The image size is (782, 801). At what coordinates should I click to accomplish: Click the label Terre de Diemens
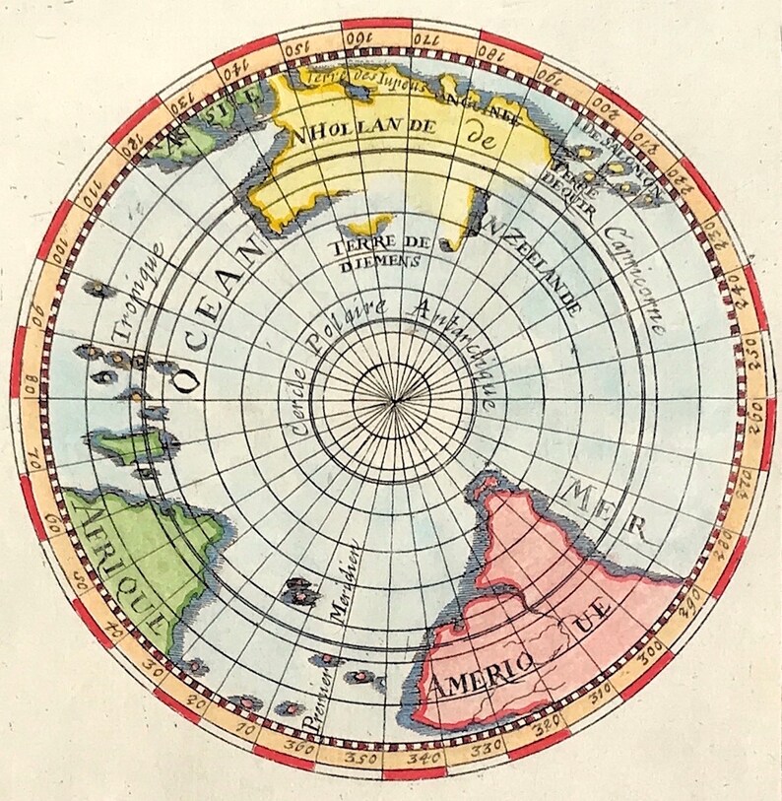pos(378,251)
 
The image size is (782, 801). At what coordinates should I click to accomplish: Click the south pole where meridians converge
pos(394,401)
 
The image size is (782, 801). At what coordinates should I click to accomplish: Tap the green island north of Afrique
pos(123,447)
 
